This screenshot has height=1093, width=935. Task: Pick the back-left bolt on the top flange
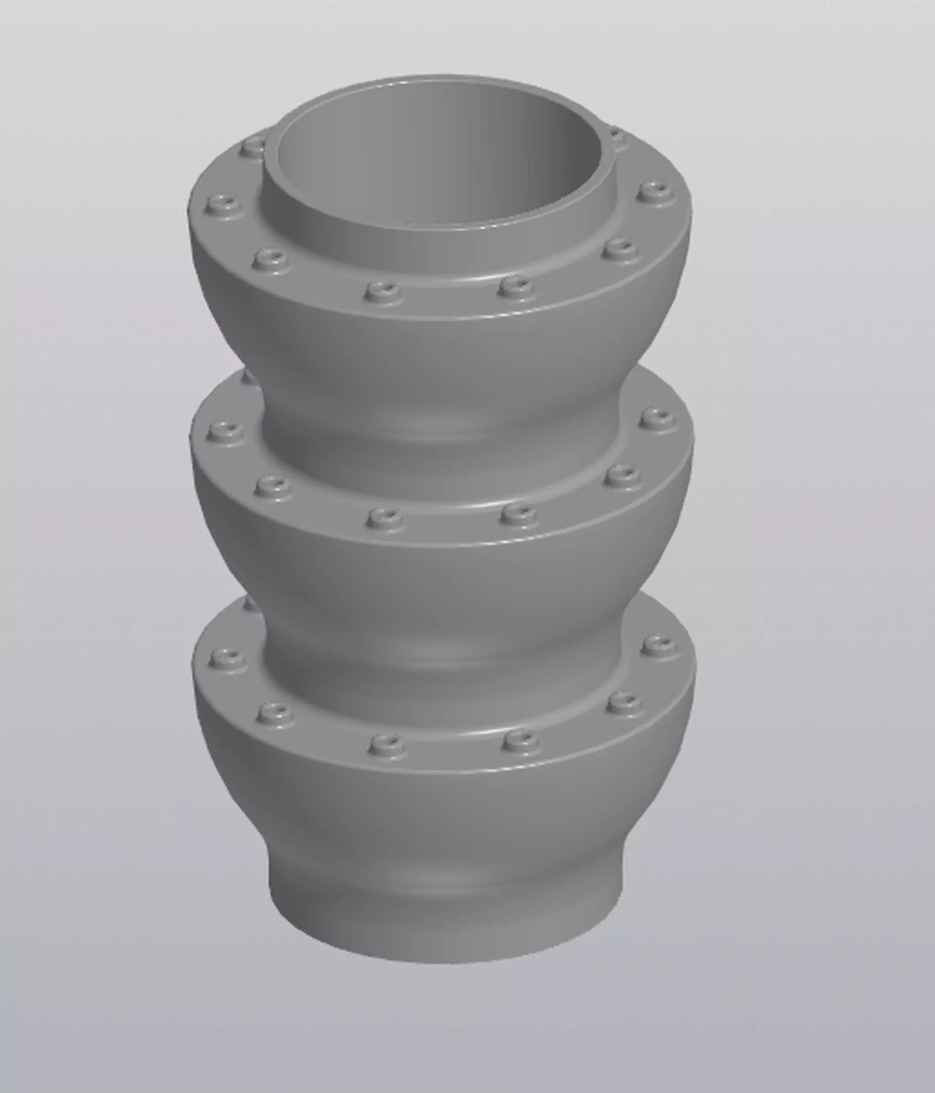[254, 145]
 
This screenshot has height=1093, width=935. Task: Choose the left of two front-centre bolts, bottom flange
[388, 743]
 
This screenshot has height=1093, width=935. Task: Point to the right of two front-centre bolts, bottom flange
[521, 739]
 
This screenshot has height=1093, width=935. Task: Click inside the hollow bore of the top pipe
[438, 158]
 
